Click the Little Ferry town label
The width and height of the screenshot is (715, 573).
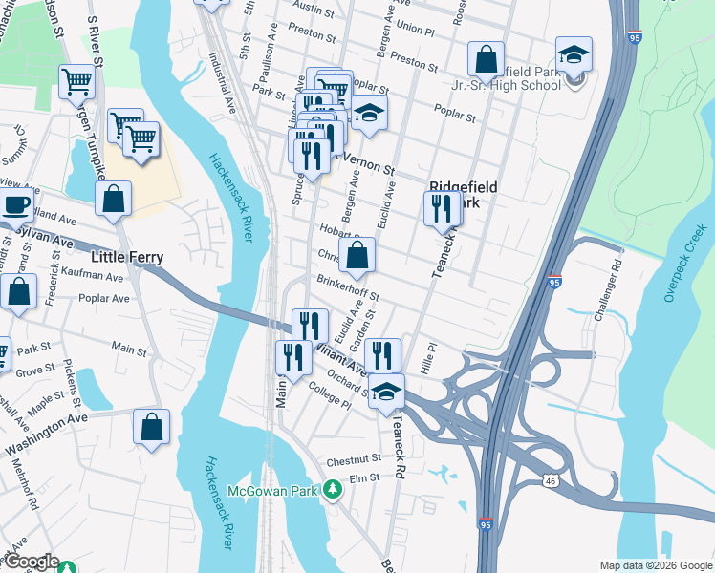(126, 257)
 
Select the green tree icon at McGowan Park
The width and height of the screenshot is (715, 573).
(332, 490)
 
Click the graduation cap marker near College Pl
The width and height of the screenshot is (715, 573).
(386, 392)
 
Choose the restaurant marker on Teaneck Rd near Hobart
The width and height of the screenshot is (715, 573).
(441, 208)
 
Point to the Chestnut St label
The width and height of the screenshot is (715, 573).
(353, 460)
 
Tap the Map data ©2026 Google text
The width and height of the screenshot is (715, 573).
(655, 565)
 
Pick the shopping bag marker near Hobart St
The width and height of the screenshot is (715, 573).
(357, 255)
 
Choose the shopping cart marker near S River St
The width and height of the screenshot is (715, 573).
(76, 81)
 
